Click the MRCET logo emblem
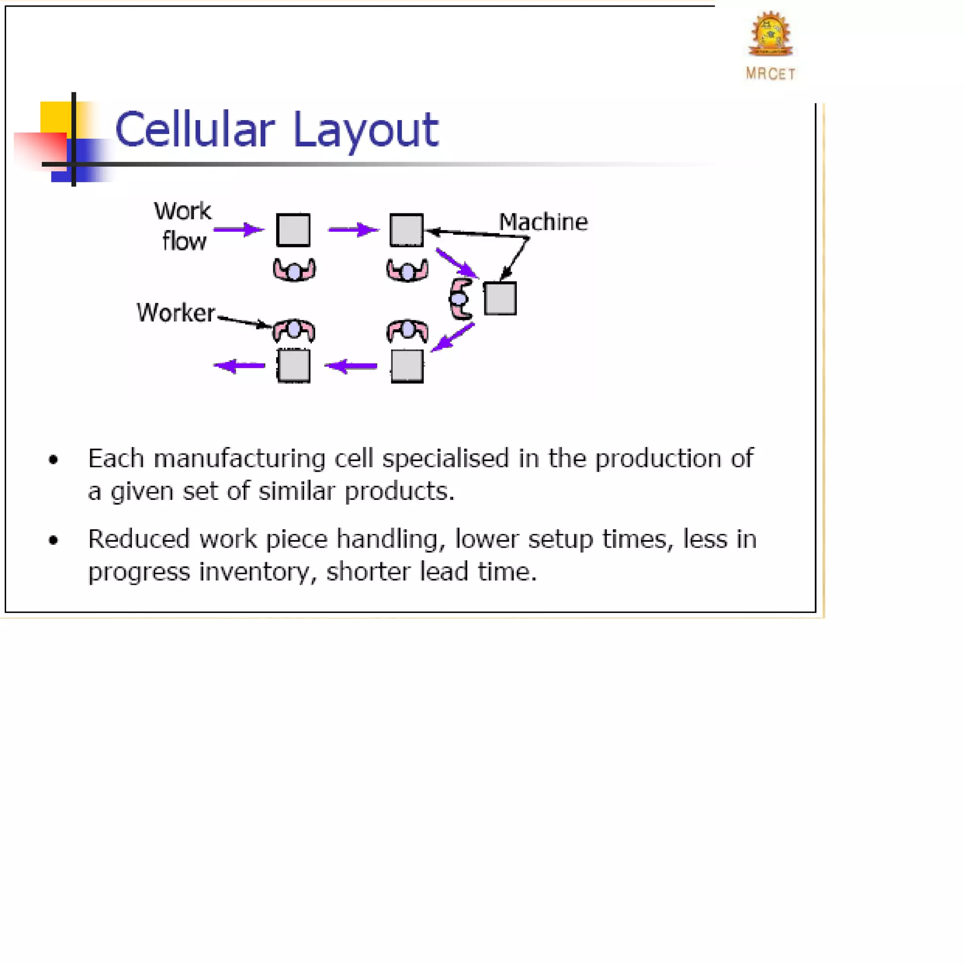tap(771, 34)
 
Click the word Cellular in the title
tap(195, 130)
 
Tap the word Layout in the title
tap(366, 131)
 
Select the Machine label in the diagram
tap(543, 222)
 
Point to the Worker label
tap(176, 313)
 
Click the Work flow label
tap(183, 226)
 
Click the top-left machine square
tap(293, 230)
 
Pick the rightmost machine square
tap(500, 298)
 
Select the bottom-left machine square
tap(294, 366)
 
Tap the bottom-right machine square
tap(407, 366)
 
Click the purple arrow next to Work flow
tap(239, 230)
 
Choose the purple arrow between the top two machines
tap(353, 230)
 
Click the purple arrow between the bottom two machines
tap(351, 366)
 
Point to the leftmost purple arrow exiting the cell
tap(239, 366)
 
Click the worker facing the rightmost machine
tap(460, 299)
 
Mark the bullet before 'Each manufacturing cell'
tap(53, 459)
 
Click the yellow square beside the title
tap(55, 117)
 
